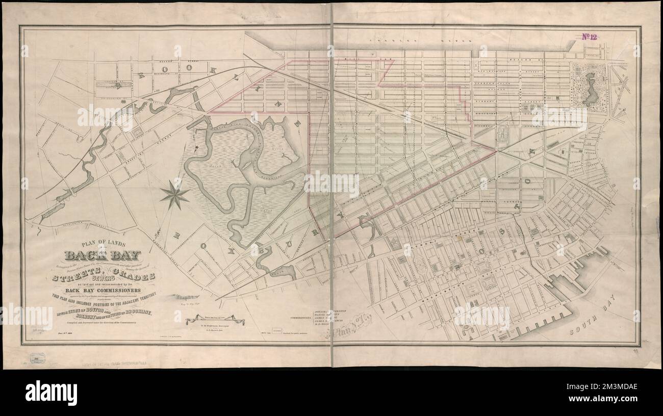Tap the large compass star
click(174, 195)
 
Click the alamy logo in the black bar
click(51, 392)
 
